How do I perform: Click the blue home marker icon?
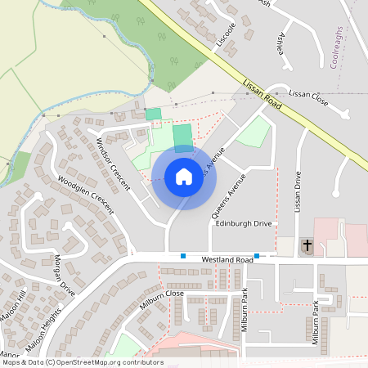point(184,177)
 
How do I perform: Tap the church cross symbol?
point(306,245)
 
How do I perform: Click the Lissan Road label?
point(263,95)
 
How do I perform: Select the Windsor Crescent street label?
point(112,164)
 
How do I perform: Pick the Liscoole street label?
point(225,35)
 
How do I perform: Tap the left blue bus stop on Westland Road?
point(183,256)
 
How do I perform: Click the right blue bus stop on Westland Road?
point(257,256)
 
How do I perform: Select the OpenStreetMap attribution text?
point(82,361)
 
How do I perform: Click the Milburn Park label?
point(315,323)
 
